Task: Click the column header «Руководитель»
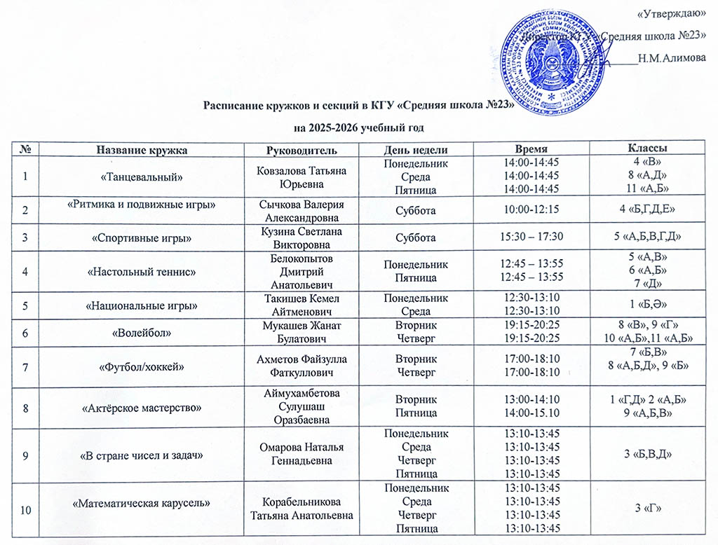pyautogui.click(x=302, y=150)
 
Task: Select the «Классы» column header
pyautogui.click(x=646, y=149)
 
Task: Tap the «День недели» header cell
pyautogui.click(x=416, y=150)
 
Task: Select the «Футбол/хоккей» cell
pyautogui.click(x=142, y=366)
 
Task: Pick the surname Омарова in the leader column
pyautogui.click(x=280, y=447)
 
